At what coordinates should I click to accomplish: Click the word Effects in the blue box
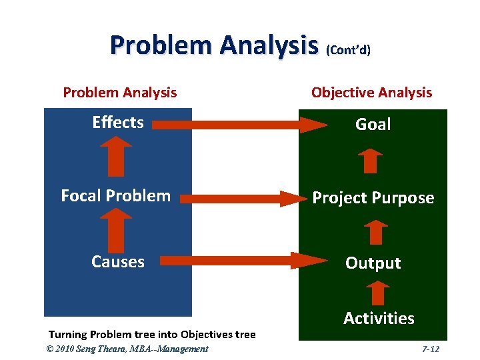point(118,122)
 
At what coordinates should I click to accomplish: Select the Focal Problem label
point(115,195)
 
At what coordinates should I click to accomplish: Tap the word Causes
point(118,261)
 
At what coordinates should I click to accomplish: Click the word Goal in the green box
point(373,124)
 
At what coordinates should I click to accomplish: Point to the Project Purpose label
point(373,198)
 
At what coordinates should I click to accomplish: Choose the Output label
point(373,263)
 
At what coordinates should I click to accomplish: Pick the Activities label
point(379,319)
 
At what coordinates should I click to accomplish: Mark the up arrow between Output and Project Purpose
point(375,232)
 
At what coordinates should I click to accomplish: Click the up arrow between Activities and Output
point(377,293)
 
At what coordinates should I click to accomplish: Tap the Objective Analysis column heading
point(371,93)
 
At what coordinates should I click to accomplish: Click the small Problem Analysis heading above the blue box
point(120,93)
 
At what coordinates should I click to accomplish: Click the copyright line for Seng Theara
point(127,349)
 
